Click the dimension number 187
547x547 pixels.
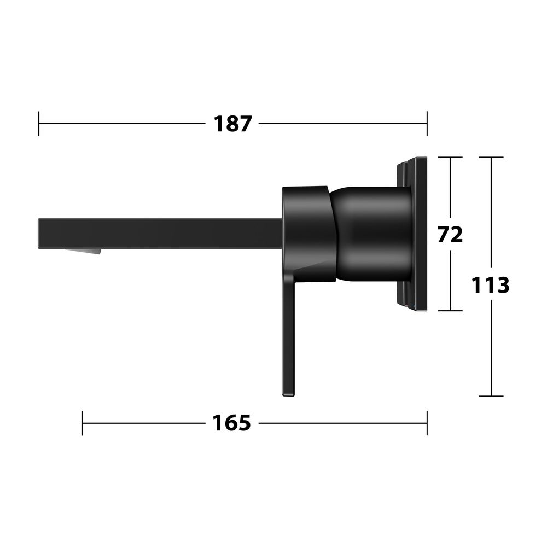coord(232,124)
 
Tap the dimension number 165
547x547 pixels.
coord(231,423)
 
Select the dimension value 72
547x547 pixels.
coord(450,234)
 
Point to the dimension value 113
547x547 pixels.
coord(491,285)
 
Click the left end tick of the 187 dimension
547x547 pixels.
coord(39,124)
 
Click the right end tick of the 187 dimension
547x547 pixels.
coord(427,124)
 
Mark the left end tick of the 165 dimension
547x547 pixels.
coord(82,423)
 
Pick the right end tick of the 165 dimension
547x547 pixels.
coord(427,423)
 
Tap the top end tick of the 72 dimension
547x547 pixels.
coord(450,158)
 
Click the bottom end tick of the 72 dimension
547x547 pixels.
coord(450,311)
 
